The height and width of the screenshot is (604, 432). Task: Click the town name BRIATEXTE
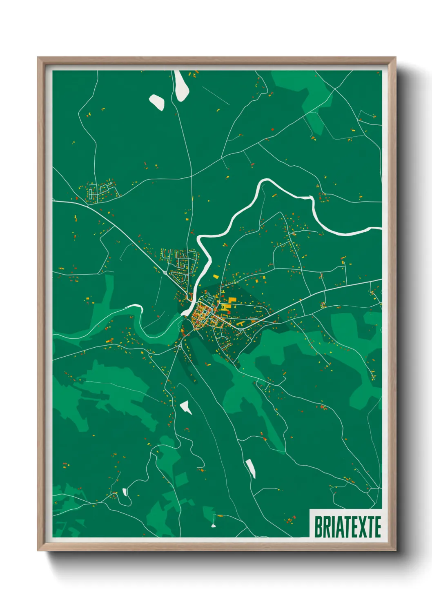pos(347,526)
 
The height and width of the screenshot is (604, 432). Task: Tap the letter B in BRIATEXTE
pos(318,526)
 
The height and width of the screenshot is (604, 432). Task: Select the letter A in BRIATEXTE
pos(339,526)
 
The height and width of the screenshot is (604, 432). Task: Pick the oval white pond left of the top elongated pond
pos(156,102)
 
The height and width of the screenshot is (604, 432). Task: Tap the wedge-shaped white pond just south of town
pos(186,406)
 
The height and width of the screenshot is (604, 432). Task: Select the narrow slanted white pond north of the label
pos(251,468)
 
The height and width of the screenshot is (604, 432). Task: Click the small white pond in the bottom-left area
pos(125,492)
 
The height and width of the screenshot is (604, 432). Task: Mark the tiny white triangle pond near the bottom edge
pos(213,526)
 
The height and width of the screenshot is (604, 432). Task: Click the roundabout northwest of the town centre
pos(165,272)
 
